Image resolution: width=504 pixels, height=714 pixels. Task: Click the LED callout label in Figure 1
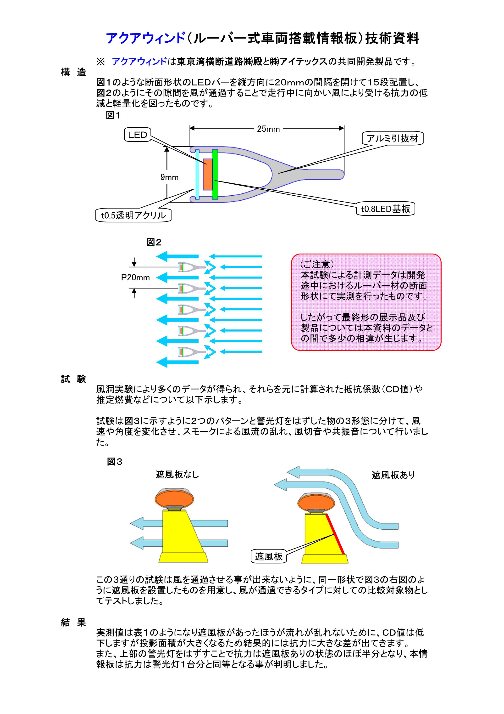[137, 135]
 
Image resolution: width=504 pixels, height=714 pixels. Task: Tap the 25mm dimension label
[268, 129]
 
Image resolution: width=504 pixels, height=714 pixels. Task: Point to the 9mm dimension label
[169, 177]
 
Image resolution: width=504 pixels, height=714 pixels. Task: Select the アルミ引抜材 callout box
[393, 138]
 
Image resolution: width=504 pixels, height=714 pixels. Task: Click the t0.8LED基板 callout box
[385, 209]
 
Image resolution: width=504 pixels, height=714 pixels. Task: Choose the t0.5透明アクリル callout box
[133, 215]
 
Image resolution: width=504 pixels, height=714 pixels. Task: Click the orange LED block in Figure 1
[208, 174]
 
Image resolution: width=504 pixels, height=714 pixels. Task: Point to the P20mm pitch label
[135, 278]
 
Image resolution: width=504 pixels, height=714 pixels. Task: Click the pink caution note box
[366, 302]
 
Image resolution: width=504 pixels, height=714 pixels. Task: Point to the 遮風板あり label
[393, 475]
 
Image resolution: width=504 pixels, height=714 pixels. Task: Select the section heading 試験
[73, 379]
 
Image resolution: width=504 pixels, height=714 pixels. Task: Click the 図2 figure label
[154, 243]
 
